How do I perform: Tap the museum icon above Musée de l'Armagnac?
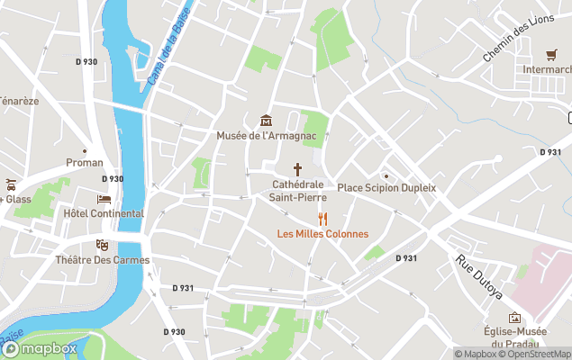coord(265,121)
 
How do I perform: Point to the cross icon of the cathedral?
coord(297,169)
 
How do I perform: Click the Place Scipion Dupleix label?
coord(386,188)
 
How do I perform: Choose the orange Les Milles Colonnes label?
coord(322,234)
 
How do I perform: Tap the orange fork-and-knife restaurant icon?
coord(322,219)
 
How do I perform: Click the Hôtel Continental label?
coord(104,213)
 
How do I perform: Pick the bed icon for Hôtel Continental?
coord(104,199)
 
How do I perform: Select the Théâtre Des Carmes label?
coord(103,260)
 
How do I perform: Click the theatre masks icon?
coord(103,245)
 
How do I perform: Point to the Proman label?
coord(85,163)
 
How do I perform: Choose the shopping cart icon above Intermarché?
coord(551,54)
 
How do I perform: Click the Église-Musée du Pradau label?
coord(513,337)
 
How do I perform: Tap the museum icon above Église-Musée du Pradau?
coord(514,318)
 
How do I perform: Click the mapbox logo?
coord(40,348)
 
